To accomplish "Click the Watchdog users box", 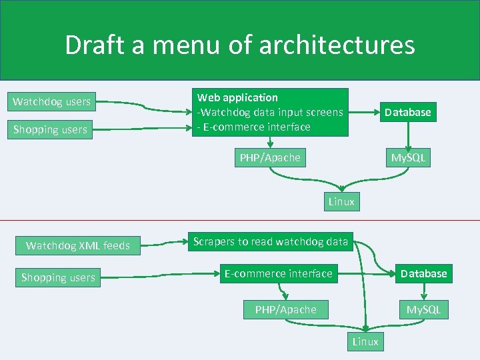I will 52,102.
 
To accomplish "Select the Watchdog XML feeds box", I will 77,246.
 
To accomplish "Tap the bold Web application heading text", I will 237,97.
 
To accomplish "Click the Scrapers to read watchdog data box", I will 270,242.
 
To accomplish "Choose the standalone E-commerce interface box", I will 278,273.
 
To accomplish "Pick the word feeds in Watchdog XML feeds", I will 116,246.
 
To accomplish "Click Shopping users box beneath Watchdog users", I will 51,130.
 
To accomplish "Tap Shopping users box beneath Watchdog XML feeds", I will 58,277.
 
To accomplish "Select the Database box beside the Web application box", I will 407,113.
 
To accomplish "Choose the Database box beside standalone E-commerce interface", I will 423,273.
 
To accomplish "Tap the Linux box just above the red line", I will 341,201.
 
